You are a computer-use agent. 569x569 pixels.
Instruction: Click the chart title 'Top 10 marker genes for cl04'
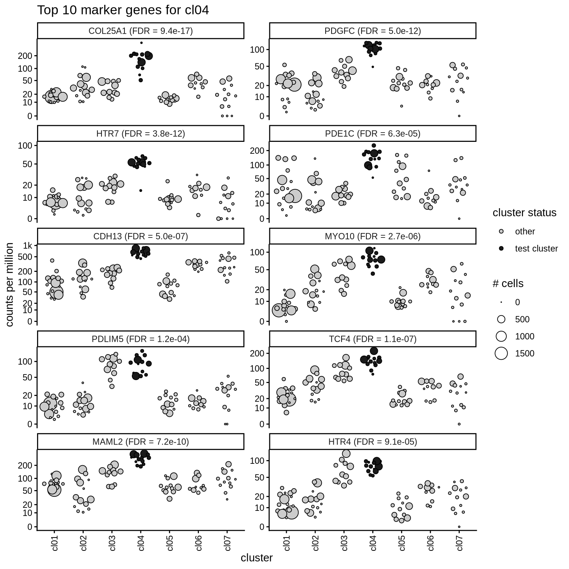[x=123, y=10]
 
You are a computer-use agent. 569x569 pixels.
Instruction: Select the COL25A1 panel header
[x=140, y=31]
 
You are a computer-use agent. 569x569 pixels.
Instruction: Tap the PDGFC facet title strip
[x=372, y=31]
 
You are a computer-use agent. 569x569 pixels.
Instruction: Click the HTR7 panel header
[x=140, y=133]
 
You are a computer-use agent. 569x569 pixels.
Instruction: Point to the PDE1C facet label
[x=372, y=133]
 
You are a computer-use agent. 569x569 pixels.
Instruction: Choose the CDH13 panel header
[x=140, y=236]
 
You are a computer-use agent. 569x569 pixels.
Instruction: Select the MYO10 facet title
[x=372, y=236]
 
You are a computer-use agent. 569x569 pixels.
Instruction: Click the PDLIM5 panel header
[x=140, y=339]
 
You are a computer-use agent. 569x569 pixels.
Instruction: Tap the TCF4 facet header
[x=372, y=339]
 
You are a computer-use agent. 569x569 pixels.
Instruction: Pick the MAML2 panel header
[x=140, y=442]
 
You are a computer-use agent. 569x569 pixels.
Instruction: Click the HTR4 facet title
[x=372, y=442]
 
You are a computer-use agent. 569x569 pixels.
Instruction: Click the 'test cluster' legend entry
[x=536, y=249]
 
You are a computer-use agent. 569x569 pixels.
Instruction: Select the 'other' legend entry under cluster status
[x=525, y=232]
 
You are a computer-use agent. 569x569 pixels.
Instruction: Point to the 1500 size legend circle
[x=501, y=353]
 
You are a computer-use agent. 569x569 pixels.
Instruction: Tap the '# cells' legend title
[x=508, y=284]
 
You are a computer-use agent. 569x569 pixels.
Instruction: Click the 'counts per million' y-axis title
[x=10, y=284]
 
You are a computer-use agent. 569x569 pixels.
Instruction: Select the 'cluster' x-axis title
[x=256, y=558]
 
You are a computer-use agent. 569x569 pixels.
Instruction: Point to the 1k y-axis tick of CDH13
[x=28, y=245]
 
